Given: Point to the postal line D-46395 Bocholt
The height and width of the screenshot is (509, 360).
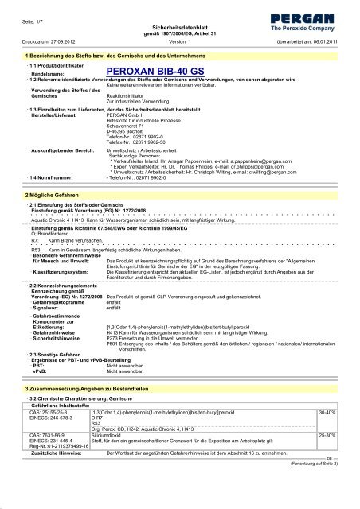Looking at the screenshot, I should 130,132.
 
